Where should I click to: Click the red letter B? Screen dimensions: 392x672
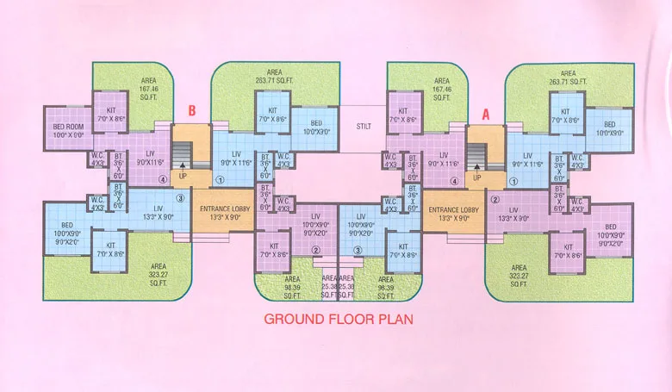(x=192, y=111)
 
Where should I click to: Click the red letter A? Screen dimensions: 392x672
(x=485, y=111)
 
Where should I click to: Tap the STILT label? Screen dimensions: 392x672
(x=364, y=127)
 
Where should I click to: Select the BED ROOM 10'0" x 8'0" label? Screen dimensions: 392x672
(x=68, y=131)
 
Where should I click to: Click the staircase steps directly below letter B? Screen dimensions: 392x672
(x=181, y=155)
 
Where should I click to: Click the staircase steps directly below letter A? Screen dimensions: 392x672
(x=476, y=155)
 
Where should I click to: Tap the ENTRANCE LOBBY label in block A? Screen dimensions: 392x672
(x=454, y=213)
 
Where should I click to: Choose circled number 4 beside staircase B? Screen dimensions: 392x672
(x=163, y=180)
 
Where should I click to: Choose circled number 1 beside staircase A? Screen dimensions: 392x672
(x=514, y=181)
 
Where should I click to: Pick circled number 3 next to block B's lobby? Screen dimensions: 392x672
(x=181, y=200)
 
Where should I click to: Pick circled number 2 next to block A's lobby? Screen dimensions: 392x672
(x=495, y=200)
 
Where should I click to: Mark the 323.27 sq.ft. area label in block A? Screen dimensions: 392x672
(x=518, y=274)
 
